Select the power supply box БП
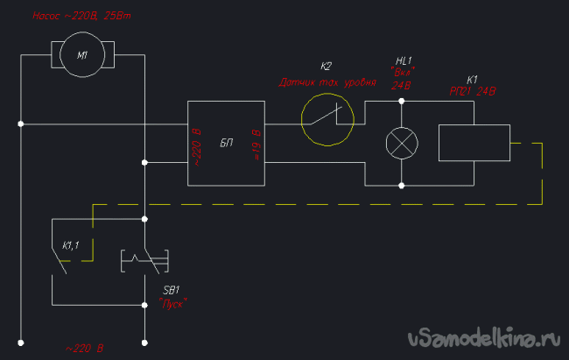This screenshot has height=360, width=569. coord(226,143)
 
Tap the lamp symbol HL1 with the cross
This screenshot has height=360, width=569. coord(402,143)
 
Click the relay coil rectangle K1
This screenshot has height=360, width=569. coord(473,143)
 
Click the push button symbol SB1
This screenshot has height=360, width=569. coord(143,260)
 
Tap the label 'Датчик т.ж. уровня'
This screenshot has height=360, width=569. coord(327,84)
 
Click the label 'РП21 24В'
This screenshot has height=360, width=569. coord(473,90)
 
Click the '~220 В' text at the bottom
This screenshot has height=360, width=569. coord(84,349)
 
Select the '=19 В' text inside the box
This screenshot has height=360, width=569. coord(255,143)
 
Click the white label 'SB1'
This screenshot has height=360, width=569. coord(172,290)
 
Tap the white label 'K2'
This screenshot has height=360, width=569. coord(327,67)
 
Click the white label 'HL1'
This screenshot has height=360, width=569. coord(403,60)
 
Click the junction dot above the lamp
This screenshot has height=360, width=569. coord(402,101)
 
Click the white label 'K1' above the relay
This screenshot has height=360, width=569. coord(473,78)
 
